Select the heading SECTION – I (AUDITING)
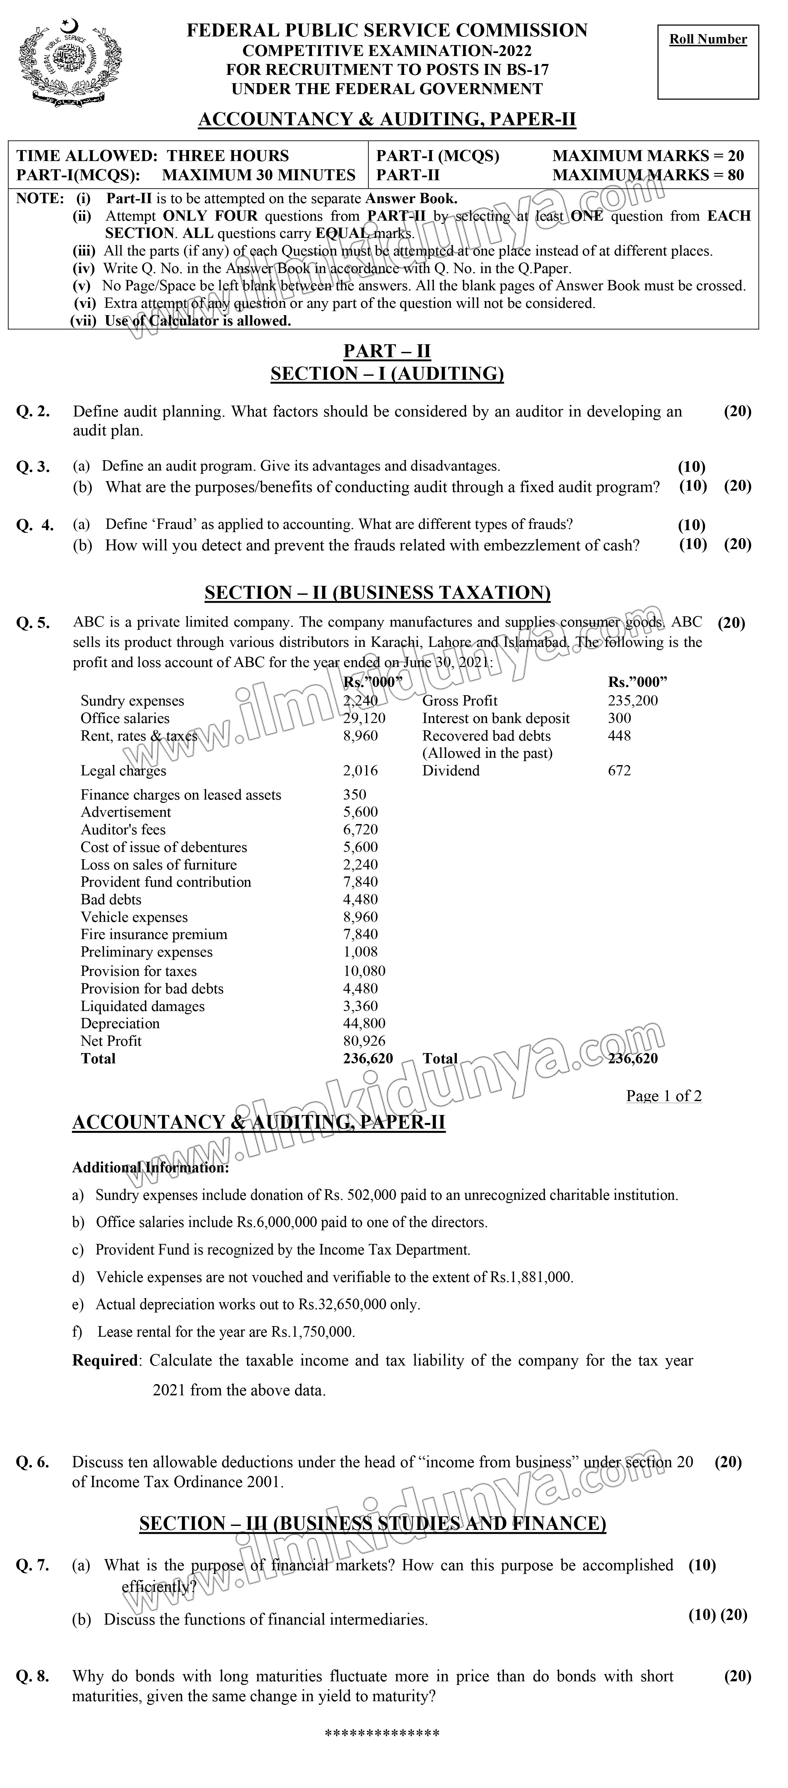[387, 374]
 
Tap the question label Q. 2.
[32, 412]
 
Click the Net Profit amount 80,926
[364, 1041]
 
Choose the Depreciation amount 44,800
[364, 1024]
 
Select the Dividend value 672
[619, 770]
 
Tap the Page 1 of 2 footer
[664, 1096]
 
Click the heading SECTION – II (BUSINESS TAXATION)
[377, 593]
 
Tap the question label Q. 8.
[32, 1676]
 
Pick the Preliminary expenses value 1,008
[360, 952]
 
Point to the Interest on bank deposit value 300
[619, 718]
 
